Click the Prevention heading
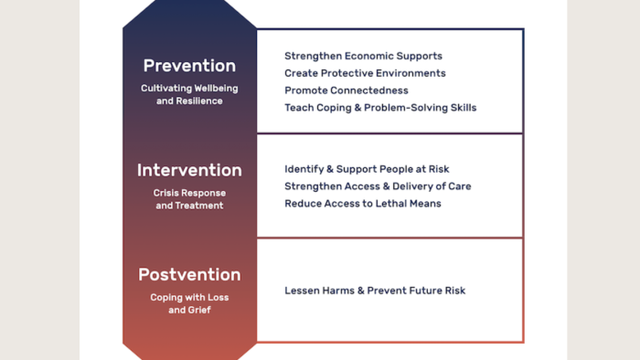pyautogui.click(x=189, y=66)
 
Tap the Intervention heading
pyautogui.click(x=189, y=170)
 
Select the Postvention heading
pyautogui.click(x=189, y=274)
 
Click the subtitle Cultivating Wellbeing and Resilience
pyautogui.click(x=189, y=95)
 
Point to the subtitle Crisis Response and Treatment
pyautogui.click(x=189, y=199)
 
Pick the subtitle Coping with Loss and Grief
pyautogui.click(x=189, y=303)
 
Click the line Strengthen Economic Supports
pyautogui.click(x=363, y=56)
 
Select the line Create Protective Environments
pyautogui.click(x=365, y=73)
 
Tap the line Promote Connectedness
pyautogui.click(x=347, y=90)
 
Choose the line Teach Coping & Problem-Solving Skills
pyautogui.click(x=380, y=108)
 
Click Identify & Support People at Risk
pyautogui.click(x=367, y=169)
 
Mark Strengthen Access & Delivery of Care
pyautogui.click(x=378, y=186)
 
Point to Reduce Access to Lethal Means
pyautogui.click(x=363, y=204)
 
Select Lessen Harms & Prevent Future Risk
pyautogui.click(x=375, y=291)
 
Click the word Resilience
pyautogui.click(x=199, y=101)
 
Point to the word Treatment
pyautogui.click(x=199, y=206)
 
